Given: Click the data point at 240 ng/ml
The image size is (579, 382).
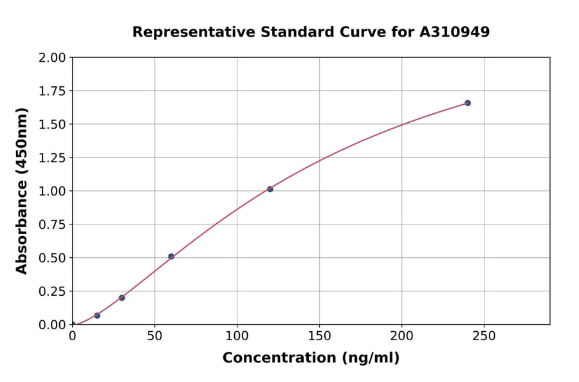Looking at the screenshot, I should coord(468,103).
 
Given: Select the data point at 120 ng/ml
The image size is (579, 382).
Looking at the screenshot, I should coord(270,189).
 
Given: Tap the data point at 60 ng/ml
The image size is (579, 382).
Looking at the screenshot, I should coord(171,257).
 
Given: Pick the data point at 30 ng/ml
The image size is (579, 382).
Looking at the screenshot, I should coord(122,298).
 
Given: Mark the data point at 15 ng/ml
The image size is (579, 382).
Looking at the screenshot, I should coord(97,316).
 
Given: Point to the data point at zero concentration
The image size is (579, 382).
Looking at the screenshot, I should coord(73,325).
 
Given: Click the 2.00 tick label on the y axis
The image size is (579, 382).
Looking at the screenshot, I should coord(52,58).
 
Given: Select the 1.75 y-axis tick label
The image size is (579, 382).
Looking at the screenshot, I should coord(52,91).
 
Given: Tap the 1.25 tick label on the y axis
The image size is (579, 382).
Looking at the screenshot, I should coord(52,158).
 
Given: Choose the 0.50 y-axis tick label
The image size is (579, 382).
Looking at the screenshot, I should coord(52,258).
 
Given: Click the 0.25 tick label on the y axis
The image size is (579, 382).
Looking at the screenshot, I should coord(52,291).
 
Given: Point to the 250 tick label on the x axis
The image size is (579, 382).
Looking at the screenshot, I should coord(484,336).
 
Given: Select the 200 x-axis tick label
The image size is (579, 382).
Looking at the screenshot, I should coord(401,336).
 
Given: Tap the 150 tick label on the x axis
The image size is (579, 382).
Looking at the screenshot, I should coord(319,336).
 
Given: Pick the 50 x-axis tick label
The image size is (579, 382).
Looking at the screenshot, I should coord(154,336).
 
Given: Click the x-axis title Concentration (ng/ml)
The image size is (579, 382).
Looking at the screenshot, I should coord(311,358).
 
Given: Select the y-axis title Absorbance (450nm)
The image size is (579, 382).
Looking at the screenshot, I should coord(22,191).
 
